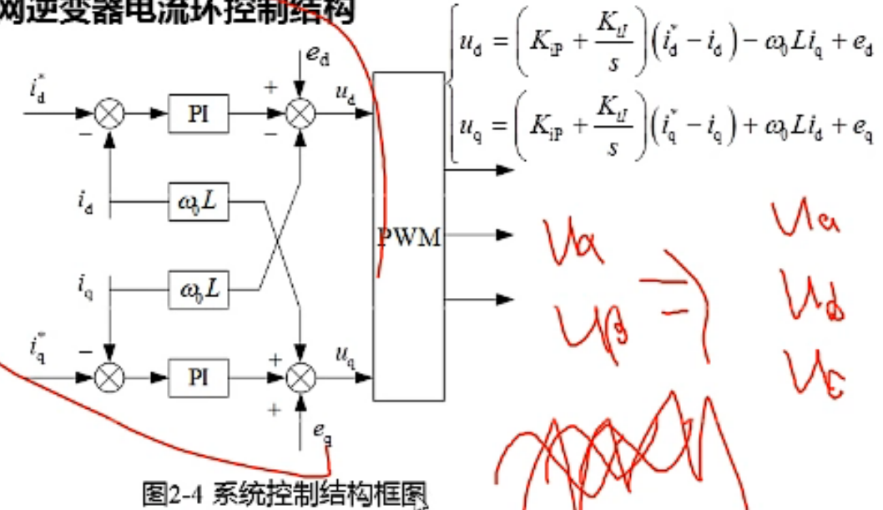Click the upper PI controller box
tap(198, 114)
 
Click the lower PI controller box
tap(198, 377)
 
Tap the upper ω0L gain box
tap(198, 202)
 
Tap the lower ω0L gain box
tap(198, 290)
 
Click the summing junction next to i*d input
tap(108, 114)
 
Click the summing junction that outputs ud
tap(299, 114)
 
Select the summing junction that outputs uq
tap(299, 377)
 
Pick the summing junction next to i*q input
tap(108, 377)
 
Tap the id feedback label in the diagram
tap(87, 201)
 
